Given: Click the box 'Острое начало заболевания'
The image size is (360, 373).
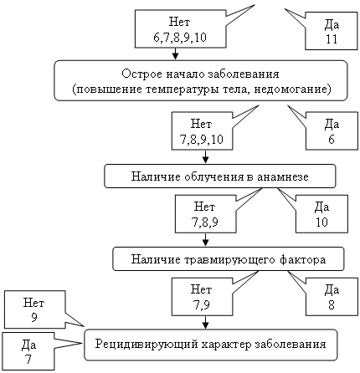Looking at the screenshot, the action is (x=200, y=80).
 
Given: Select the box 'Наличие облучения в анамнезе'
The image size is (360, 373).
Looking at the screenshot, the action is (x=220, y=176).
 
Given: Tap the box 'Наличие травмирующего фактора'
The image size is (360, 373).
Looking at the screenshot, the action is (x=228, y=259).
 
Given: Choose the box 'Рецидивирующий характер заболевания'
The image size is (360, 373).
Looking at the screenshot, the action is (x=211, y=345).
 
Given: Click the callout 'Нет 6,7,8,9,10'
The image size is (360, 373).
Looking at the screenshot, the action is (x=180, y=29).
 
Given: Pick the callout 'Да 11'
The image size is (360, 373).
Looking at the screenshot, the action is (x=332, y=31).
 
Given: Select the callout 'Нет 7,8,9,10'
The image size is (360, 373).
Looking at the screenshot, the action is (x=202, y=131).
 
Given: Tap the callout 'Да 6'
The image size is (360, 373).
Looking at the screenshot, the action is (x=332, y=131).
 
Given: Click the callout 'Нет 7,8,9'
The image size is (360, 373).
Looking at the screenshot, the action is (x=205, y=214).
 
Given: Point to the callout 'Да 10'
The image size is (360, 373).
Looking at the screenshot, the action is (x=321, y=214).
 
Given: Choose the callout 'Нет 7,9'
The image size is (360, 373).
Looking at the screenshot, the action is (x=202, y=297).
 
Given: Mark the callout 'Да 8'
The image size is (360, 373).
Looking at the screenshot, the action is (x=332, y=297).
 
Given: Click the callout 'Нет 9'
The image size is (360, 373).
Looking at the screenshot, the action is (x=35, y=309).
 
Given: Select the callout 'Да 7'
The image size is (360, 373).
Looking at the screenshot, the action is (x=28, y=351).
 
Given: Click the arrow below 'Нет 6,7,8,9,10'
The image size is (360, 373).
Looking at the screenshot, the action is (x=175, y=54).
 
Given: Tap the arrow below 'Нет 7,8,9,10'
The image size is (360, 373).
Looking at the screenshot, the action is (x=205, y=156).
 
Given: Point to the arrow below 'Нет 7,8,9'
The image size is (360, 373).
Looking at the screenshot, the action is (x=205, y=239).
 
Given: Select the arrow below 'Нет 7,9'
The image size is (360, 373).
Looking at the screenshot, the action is (x=205, y=322).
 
